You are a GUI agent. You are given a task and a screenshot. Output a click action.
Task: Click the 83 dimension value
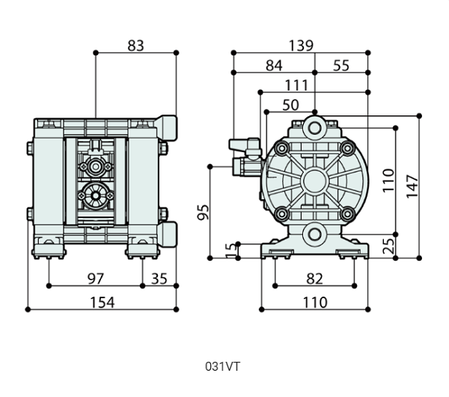135,46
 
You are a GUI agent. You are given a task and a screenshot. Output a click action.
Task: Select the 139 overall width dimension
301,46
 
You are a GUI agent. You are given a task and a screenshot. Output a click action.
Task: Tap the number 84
274,66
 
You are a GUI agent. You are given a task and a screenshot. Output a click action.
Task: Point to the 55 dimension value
341,66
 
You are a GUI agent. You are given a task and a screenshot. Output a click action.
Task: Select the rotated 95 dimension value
203,212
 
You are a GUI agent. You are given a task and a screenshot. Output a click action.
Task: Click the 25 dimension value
389,246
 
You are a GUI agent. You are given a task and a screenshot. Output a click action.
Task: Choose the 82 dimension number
315,279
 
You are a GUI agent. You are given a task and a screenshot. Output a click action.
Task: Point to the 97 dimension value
95,279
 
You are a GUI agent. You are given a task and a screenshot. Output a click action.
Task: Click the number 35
159,279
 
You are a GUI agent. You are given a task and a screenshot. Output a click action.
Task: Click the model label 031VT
222,367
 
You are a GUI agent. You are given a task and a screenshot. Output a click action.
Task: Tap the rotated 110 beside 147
389,181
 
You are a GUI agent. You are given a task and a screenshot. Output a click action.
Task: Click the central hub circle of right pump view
314,181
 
